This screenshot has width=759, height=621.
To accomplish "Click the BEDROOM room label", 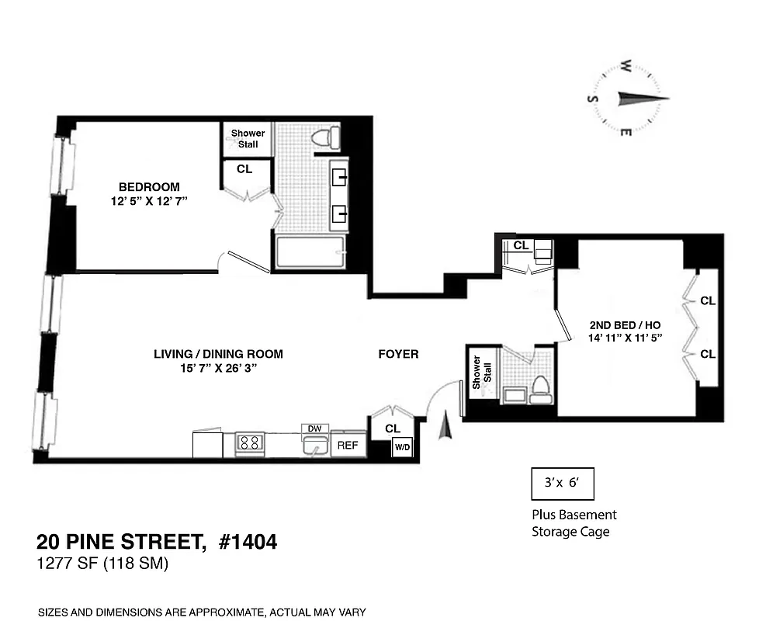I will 149,187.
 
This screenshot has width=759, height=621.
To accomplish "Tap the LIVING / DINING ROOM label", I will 218,354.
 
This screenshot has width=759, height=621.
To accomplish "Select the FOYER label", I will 398,354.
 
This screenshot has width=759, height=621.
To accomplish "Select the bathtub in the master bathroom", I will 310,253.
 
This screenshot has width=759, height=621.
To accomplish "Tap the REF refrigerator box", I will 348,446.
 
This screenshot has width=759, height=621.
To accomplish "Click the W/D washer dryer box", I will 402,447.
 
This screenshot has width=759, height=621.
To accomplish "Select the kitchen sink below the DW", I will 315,446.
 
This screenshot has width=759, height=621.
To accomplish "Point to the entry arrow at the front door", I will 445,425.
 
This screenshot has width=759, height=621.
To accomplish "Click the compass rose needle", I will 639,99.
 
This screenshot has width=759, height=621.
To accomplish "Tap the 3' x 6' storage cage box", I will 562,483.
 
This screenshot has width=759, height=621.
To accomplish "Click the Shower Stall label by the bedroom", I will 248,138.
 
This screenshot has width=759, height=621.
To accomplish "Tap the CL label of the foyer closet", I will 393,428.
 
